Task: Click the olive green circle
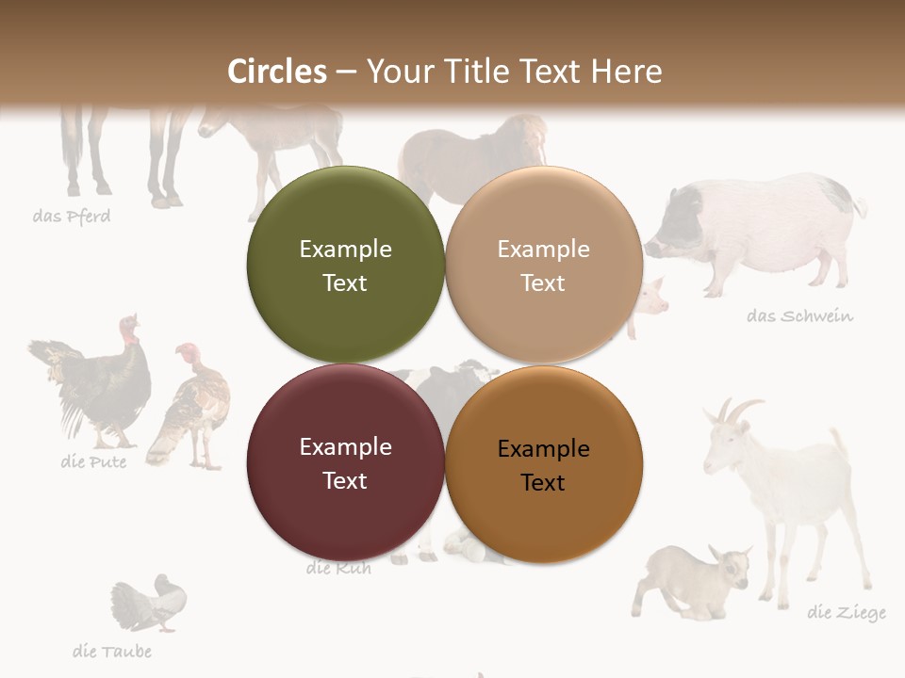click(345, 265)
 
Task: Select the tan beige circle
click(544, 265)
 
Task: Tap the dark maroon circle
click(345, 462)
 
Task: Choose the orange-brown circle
click(544, 462)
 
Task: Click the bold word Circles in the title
click(277, 72)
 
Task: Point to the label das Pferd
click(72, 217)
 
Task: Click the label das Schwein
click(799, 315)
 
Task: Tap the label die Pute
click(93, 461)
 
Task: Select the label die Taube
click(111, 651)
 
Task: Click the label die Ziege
click(846, 613)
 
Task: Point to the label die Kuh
click(338, 569)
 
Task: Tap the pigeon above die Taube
click(151, 603)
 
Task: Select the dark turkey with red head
click(99, 381)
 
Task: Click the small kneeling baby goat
click(693, 579)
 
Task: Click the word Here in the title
click(627, 72)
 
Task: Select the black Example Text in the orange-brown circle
click(543, 465)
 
